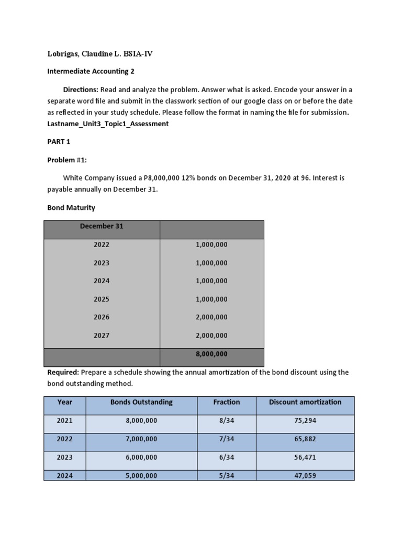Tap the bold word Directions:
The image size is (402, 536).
pyautogui.click(x=81, y=90)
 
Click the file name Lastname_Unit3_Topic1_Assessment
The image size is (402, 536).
pyautogui.click(x=108, y=124)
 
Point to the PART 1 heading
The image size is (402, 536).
pyautogui.click(x=59, y=142)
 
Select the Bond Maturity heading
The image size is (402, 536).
pyautogui.click(x=71, y=208)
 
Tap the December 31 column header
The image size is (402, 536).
pyautogui.click(x=102, y=226)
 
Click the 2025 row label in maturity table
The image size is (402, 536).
pyautogui.click(x=102, y=299)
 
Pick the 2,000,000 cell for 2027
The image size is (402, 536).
pyautogui.click(x=211, y=336)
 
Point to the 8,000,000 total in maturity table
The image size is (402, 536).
pyautogui.click(x=211, y=354)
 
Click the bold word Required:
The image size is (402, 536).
pyautogui.click(x=63, y=372)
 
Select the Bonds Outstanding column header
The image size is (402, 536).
pyautogui.click(x=141, y=402)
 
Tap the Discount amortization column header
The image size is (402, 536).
pyautogui.click(x=305, y=402)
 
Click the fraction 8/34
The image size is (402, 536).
pyautogui.click(x=227, y=420)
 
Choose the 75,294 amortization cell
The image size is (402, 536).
pyautogui.click(x=305, y=420)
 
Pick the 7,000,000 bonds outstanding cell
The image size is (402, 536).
pyautogui.click(x=141, y=439)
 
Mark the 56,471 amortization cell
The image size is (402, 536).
pyautogui.click(x=305, y=457)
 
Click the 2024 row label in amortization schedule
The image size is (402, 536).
pyautogui.click(x=65, y=476)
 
